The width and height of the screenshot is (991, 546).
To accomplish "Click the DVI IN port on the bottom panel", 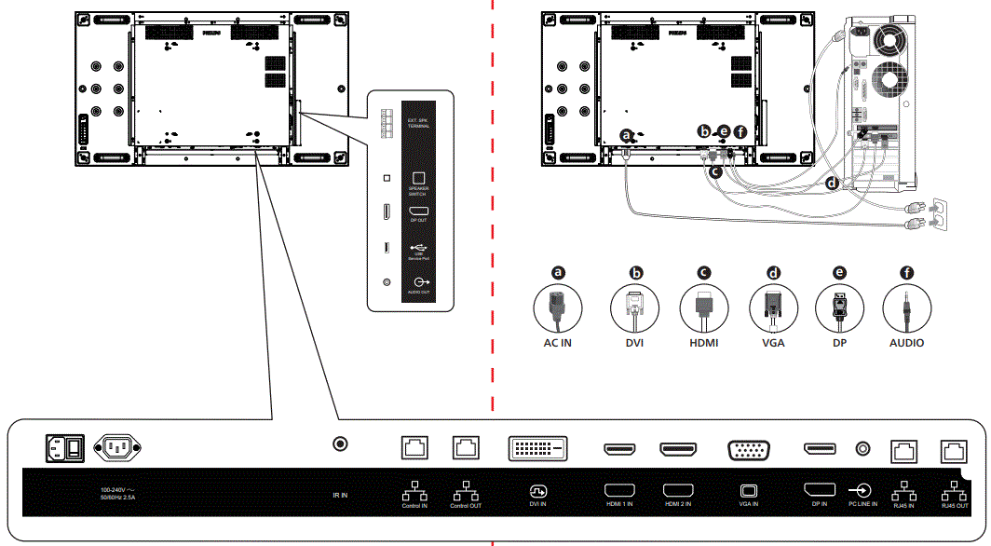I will (536, 449).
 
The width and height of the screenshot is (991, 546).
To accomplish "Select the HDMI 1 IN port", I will (619, 450).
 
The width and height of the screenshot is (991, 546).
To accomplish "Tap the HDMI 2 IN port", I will (677, 450).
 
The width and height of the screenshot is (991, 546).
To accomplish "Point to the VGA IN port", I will (748, 450).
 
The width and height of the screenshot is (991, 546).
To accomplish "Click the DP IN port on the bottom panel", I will (820, 450).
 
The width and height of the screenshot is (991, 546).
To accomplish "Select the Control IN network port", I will (414, 447).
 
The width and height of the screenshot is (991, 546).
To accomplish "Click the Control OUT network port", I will (465, 447).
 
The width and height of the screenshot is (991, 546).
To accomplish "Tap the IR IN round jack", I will (340, 448).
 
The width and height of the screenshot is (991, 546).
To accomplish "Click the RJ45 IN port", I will (904, 450).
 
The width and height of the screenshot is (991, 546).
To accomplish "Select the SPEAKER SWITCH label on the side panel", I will (418, 190).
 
